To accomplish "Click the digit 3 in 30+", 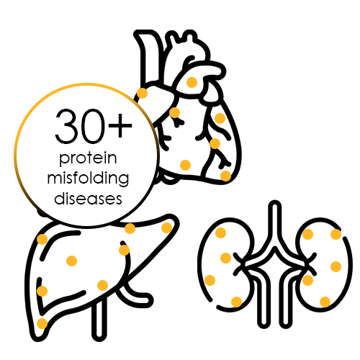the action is [67, 126].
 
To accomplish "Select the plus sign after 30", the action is [120, 125].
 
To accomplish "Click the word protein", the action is [88, 158].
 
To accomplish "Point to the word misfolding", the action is [88, 178].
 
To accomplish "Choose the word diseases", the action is [88, 199].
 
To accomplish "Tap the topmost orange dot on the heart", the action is [192, 82].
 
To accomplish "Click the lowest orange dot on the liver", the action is [42, 323].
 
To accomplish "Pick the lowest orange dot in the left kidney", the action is [236, 302].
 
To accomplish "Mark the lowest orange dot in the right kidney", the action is [325, 302].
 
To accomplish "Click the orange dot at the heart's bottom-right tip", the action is [225, 176].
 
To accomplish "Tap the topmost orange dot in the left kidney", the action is [220, 233].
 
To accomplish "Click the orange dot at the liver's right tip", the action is [167, 228].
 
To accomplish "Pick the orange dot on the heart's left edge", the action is [142, 93].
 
